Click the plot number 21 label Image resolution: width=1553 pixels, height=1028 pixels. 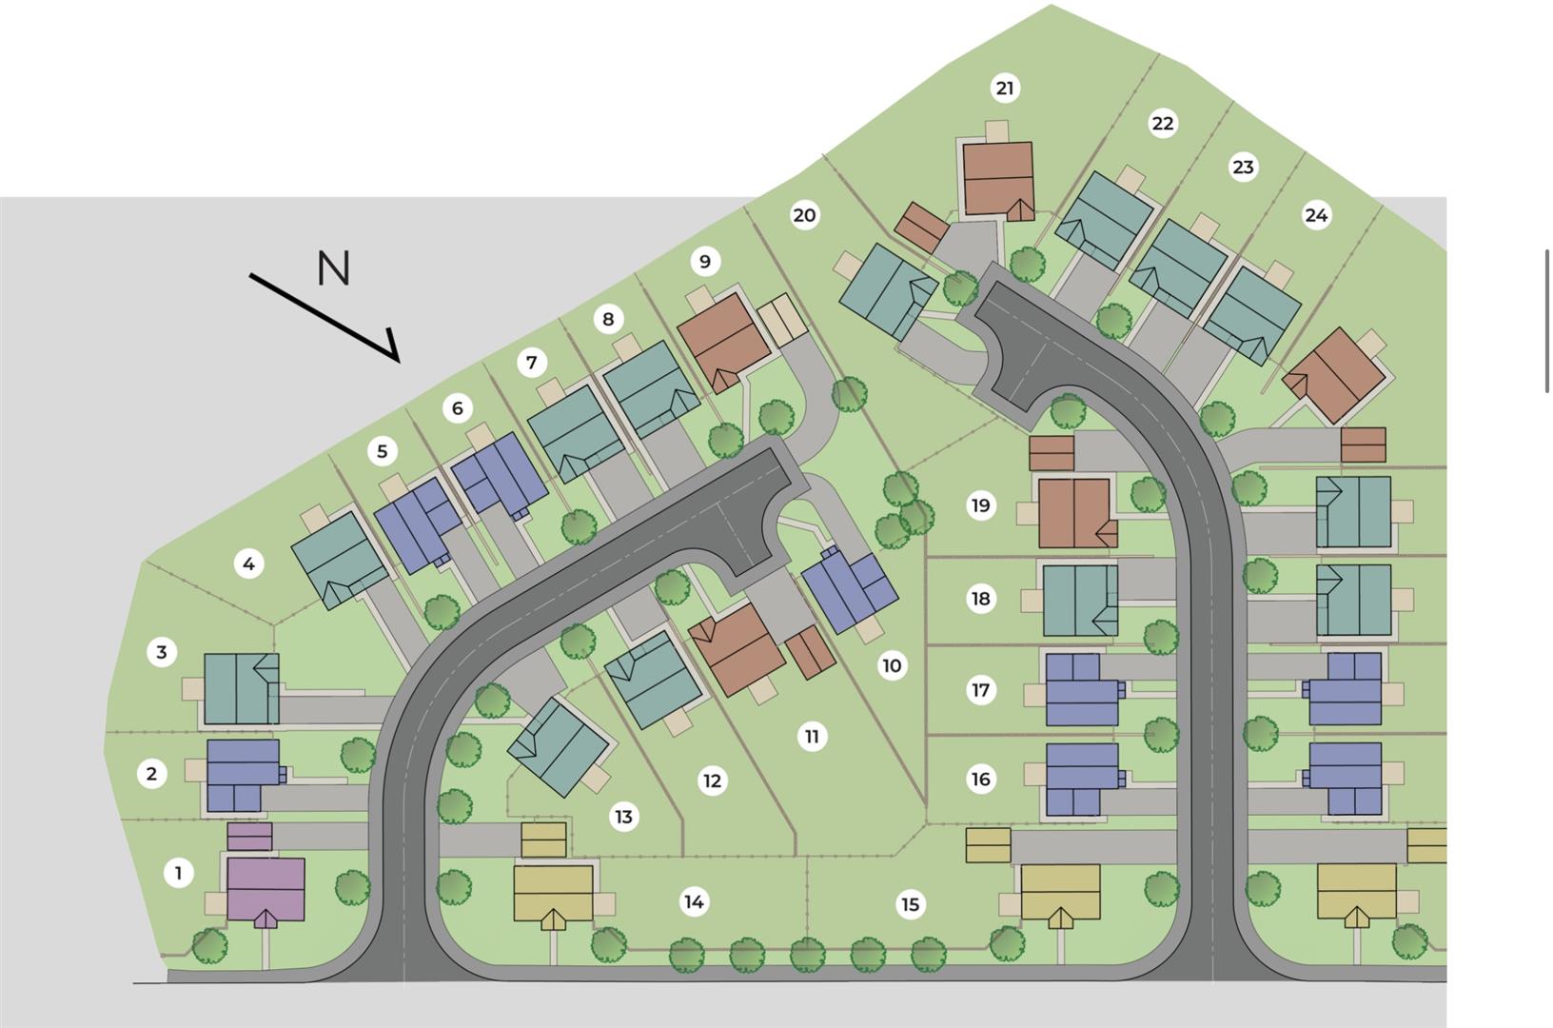1005,89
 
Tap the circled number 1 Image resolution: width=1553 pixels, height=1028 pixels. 178,872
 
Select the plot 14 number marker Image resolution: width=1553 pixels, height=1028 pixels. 694,901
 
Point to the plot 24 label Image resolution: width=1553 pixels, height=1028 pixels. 1316,215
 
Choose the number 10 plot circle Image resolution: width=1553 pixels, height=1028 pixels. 892,665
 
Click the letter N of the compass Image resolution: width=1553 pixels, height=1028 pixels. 334,268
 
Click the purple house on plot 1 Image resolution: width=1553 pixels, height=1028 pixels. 265,890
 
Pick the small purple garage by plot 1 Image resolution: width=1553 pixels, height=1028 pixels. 249,837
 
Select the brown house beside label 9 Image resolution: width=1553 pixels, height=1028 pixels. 723,340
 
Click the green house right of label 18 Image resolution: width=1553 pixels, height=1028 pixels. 1080,601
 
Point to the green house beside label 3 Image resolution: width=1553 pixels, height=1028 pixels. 242,688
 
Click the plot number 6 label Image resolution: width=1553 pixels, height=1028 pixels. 458,408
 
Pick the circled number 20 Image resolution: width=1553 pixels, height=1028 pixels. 804,215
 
